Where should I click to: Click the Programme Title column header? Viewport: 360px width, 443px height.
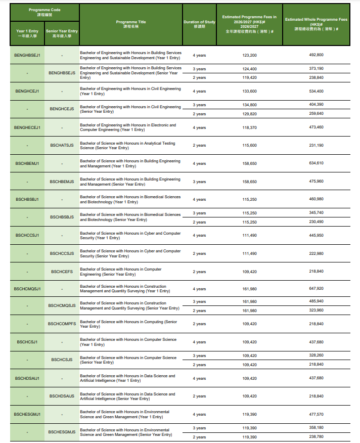click(x=131, y=24)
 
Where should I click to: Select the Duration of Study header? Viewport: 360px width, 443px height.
click(x=199, y=24)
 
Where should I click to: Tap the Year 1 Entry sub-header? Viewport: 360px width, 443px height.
click(x=27, y=33)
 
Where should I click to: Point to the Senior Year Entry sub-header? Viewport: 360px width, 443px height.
click(x=62, y=33)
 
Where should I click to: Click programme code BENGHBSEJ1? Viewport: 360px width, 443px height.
click(x=27, y=55)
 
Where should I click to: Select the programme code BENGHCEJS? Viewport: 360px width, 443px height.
click(x=62, y=109)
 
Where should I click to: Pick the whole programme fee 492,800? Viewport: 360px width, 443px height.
click(x=316, y=55)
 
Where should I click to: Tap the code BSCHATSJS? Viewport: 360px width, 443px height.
click(x=62, y=146)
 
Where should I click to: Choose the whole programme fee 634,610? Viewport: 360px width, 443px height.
click(x=316, y=163)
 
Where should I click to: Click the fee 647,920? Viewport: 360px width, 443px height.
click(x=316, y=289)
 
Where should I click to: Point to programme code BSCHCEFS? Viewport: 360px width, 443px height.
click(x=62, y=272)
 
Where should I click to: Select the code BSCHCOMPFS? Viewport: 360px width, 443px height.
click(x=62, y=324)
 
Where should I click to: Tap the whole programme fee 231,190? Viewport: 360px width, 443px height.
click(x=316, y=146)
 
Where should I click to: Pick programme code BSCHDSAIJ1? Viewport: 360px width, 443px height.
click(x=27, y=378)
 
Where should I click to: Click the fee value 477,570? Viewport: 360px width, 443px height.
click(x=316, y=414)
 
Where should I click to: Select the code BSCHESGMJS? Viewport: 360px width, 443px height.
click(x=62, y=432)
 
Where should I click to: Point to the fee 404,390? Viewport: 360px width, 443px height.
click(x=316, y=105)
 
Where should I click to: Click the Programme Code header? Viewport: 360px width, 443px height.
click(x=44, y=12)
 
